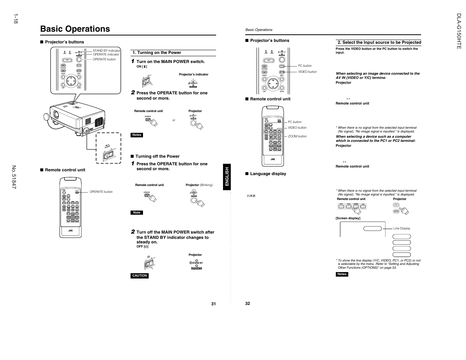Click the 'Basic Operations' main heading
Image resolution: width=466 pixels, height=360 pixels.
(75, 29)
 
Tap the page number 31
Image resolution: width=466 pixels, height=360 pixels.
(214, 304)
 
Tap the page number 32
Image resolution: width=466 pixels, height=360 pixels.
(248, 303)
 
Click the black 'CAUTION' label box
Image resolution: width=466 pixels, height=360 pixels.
(140, 276)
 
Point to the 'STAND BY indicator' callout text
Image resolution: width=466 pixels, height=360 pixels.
(106, 51)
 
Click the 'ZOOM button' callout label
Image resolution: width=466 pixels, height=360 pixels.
(297, 136)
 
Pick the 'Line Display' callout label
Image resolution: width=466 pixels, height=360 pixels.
(401, 228)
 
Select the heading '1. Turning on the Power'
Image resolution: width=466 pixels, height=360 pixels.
(157, 53)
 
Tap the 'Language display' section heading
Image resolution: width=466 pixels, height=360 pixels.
(268, 174)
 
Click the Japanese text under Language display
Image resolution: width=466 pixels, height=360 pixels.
(251, 196)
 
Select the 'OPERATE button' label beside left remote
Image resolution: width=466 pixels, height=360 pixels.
(101, 192)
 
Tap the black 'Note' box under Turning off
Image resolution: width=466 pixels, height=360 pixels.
(137, 213)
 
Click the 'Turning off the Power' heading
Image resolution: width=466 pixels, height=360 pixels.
(157, 156)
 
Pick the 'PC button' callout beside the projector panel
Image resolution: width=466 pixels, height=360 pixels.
(305, 66)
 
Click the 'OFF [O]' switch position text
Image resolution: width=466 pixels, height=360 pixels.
(142, 247)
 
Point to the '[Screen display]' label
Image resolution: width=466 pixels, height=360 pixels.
(348, 218)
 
